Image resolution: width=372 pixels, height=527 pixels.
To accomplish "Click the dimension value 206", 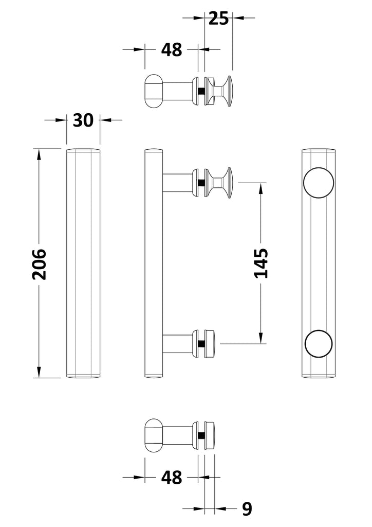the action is (39, 264).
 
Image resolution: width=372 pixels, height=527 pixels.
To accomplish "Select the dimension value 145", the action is (261, 263).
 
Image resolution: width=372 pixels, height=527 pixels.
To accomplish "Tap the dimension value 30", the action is (83, 120).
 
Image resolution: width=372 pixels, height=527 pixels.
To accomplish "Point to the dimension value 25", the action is (218, 18).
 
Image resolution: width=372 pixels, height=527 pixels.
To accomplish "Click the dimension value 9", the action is (247, 509).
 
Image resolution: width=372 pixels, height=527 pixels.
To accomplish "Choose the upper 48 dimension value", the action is (172, 50).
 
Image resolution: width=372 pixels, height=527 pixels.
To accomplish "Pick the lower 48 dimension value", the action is (172, 477).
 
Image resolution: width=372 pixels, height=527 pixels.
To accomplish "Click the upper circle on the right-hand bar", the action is (319, 183).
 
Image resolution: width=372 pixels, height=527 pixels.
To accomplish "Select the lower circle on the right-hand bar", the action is (319, 343).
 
